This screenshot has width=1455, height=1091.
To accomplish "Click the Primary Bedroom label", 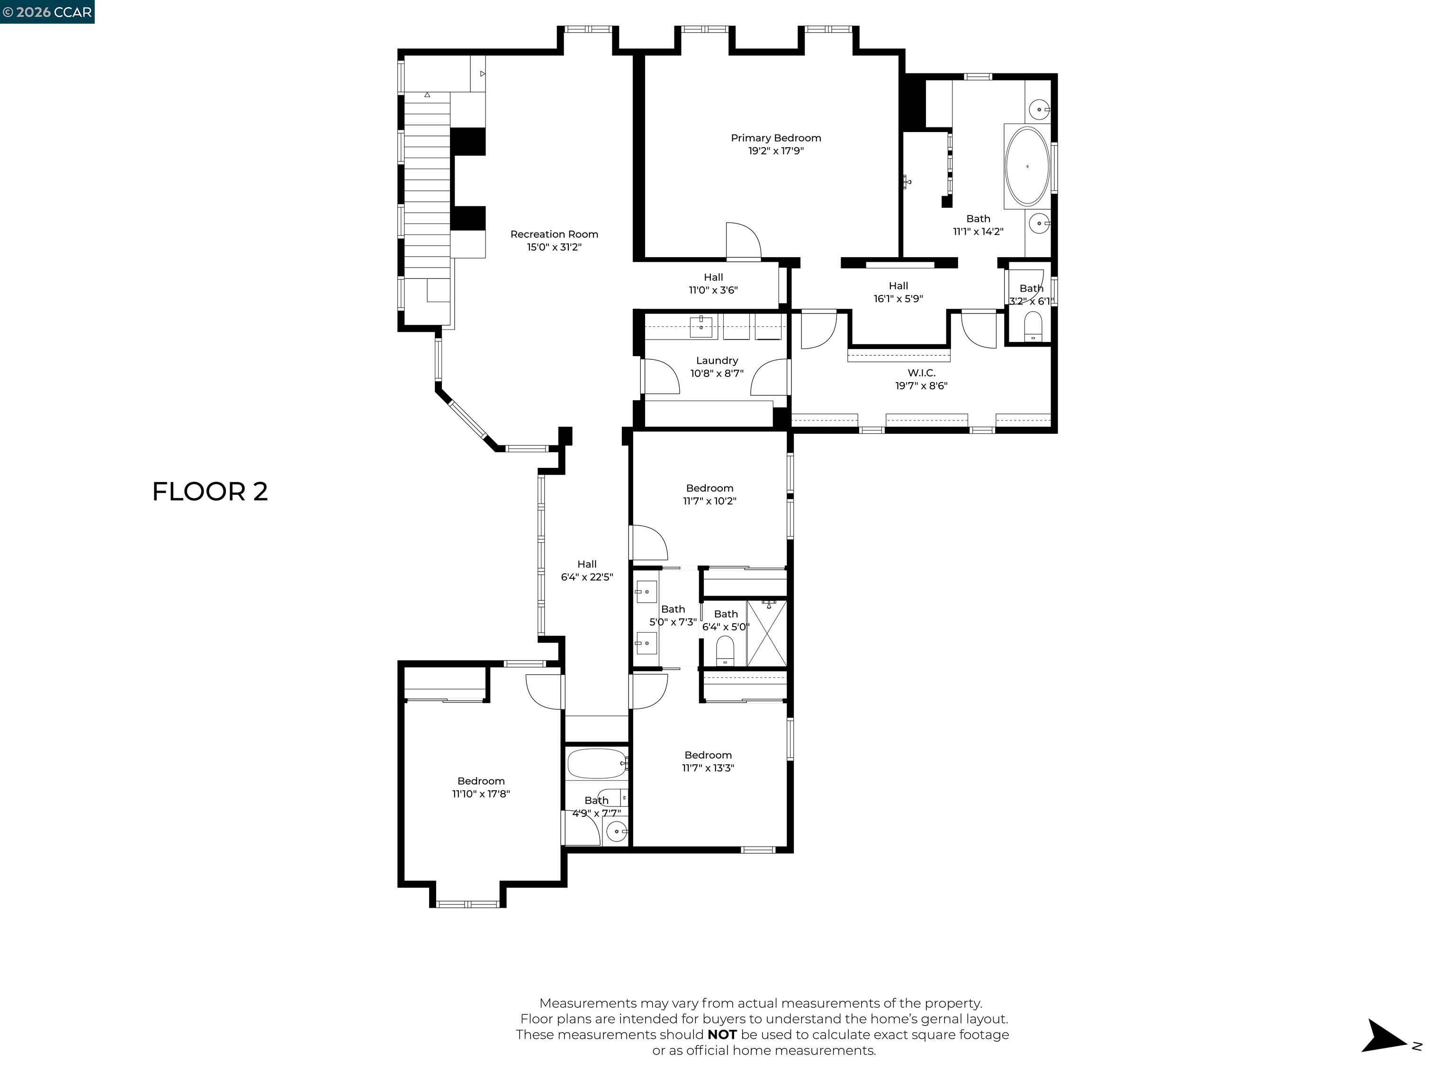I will [x=775, y=138].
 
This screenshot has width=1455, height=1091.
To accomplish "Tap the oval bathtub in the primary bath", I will [x=1027, y=167].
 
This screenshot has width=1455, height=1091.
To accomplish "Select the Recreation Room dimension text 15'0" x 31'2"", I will [x=554, y=247].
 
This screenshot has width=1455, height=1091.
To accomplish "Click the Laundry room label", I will [x=716, y=360].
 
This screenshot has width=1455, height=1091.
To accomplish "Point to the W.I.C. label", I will [x=921, y=373].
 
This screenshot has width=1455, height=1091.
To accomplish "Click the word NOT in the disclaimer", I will [x=722, y=1035].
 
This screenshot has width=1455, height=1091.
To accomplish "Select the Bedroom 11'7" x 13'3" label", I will [x=708, y=755].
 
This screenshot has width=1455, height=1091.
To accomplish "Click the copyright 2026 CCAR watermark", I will [x=47, y=12].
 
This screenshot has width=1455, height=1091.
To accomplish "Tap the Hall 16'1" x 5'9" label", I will [x=898, y=286].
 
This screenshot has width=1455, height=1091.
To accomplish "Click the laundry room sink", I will [x=701, y=327].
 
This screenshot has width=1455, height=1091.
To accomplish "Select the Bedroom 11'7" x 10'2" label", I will [x=709, y=488].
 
